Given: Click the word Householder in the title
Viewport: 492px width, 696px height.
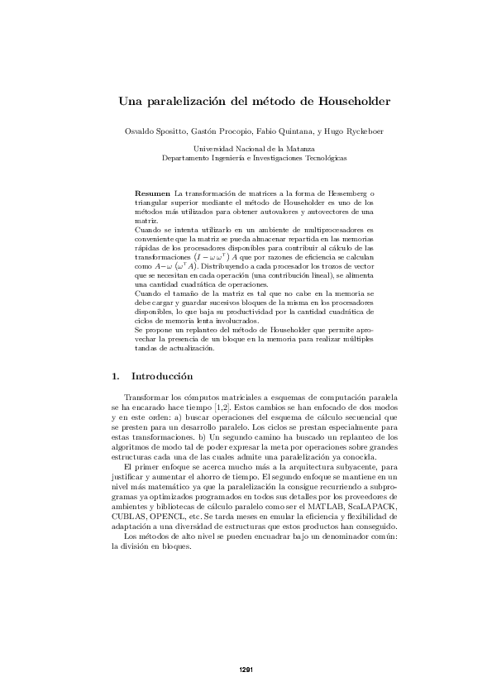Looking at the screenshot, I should click(x=353, y=102).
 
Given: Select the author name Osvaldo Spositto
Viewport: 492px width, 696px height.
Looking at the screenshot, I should click(x=155, y=131).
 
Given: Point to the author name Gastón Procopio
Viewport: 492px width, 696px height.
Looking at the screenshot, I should click(x=217, y=131).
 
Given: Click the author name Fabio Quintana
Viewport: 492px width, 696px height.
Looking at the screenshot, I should click(x=276, y=131).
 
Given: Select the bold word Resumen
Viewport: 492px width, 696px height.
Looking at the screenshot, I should click(x=152, y=192).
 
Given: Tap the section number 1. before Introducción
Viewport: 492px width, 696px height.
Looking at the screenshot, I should click(x=115, y=377).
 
